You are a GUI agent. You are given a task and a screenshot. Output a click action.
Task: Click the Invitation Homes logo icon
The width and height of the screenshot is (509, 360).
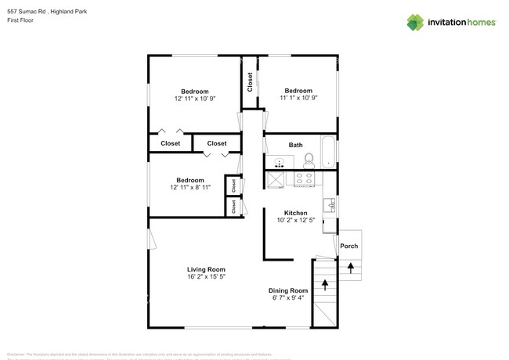click(x=416, y=22)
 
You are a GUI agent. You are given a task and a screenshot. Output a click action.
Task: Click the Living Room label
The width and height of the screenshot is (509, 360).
click(x=206, y=269)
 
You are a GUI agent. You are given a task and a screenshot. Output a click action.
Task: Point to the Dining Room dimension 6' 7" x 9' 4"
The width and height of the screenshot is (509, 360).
click(x=289, y=297)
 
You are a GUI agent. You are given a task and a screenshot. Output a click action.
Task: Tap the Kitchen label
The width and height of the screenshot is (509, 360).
click(x=295, y=213)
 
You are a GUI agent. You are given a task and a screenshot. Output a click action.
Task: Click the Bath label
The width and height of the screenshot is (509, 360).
click(x=295, y=145)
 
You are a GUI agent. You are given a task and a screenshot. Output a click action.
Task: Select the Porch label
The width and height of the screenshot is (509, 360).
click(x=348, y=247)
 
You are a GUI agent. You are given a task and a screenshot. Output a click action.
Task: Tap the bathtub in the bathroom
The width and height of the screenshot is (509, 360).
click(x=328, y=153)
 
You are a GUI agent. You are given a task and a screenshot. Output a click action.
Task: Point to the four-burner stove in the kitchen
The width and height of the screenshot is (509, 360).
click(x=304, y=178)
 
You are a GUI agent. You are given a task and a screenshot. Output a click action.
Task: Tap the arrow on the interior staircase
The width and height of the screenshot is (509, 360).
click(x=323, y=283)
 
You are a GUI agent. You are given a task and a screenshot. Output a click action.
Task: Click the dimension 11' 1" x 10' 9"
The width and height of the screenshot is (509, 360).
click(x=297, y=99)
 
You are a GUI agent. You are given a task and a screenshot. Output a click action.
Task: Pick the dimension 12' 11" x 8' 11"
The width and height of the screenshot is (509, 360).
click(x=190, y=188)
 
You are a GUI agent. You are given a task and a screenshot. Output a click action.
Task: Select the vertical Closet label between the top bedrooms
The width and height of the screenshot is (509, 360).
click(x=250, y=82)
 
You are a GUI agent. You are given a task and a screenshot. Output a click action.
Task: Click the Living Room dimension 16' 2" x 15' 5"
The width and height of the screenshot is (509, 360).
click(x=206, y=277)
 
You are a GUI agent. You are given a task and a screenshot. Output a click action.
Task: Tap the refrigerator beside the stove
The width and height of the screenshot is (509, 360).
click(x=276, y=179)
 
